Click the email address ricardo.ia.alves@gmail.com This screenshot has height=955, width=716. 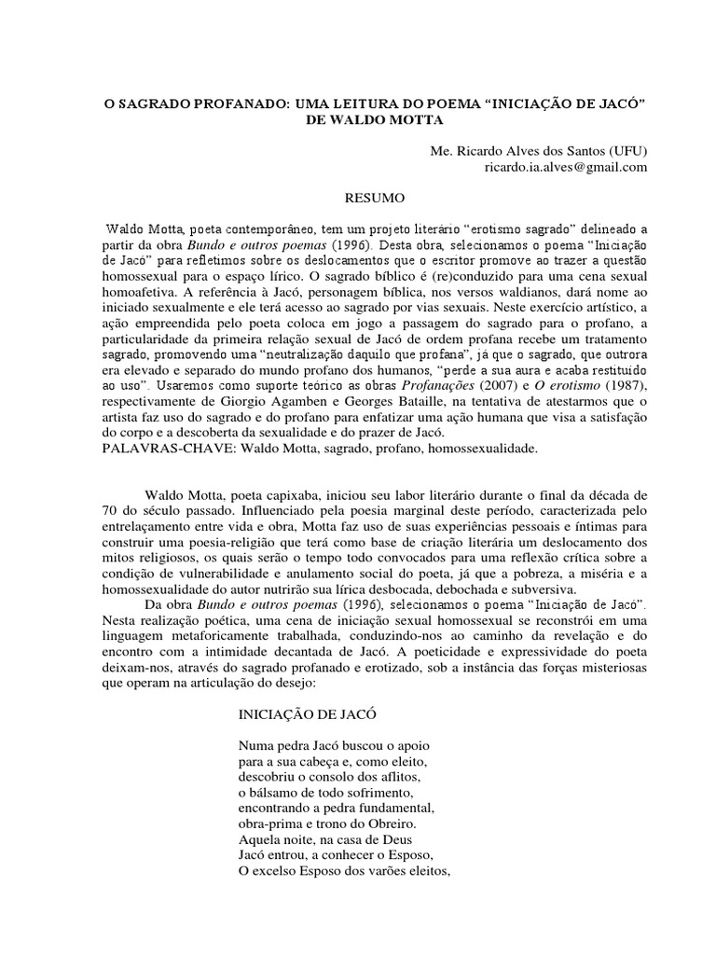[x=552, y=168]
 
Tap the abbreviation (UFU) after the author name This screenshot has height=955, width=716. [x=621, y=151]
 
